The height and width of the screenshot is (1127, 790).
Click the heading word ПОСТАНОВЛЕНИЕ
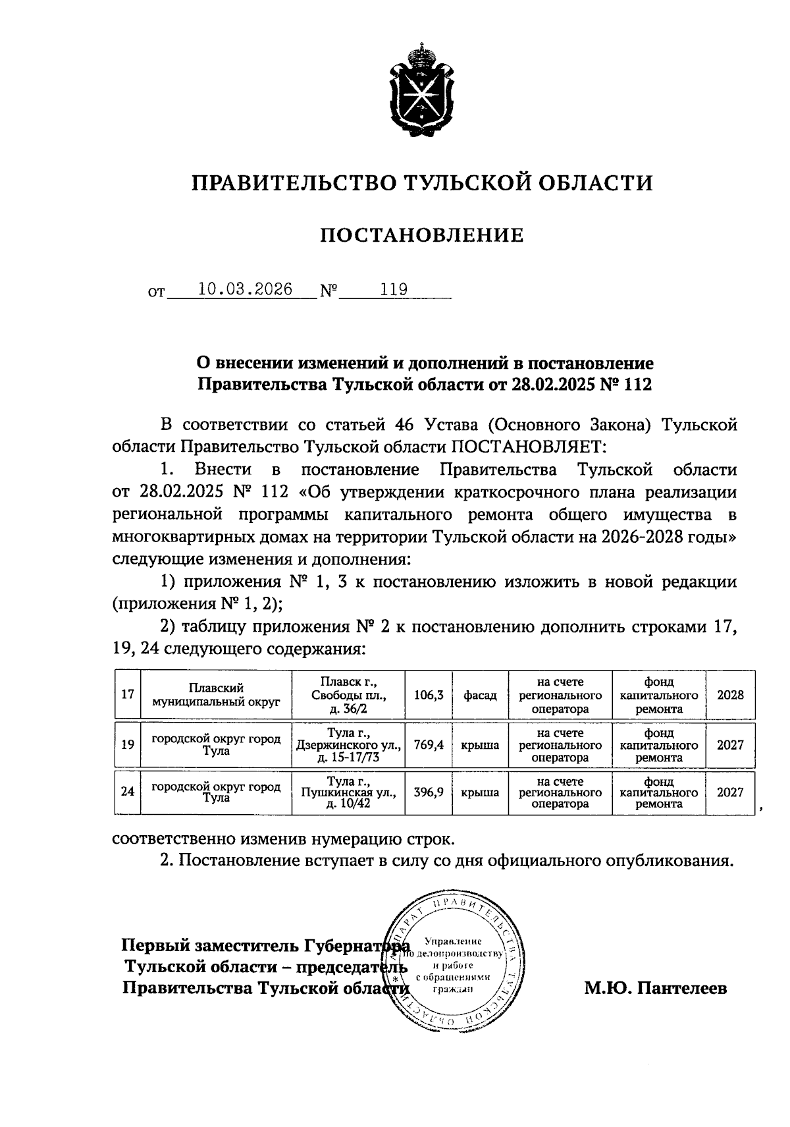(x=422, y=235)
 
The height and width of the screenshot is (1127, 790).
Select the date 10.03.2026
(x=246, y=290)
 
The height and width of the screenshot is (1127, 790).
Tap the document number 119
(x=394, y=290)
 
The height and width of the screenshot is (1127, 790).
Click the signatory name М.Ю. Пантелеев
(x=656, y=988)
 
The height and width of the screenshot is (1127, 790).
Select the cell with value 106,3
(x=429, y=695)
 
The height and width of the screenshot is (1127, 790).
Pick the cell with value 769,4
(x=429, y=745)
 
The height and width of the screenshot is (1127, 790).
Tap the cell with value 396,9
(x=429, y=792)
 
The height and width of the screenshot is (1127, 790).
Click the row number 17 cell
(x=128, y=695)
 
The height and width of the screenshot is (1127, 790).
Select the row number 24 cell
(x=128, y=792)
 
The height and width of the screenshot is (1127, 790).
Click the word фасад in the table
(x=480, y=695)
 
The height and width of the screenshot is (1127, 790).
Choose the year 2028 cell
(x=730, y=695)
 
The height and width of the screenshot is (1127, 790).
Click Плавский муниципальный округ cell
(x=216, y=695)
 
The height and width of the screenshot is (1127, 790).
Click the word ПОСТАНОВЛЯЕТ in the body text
(x=525, y=447)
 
